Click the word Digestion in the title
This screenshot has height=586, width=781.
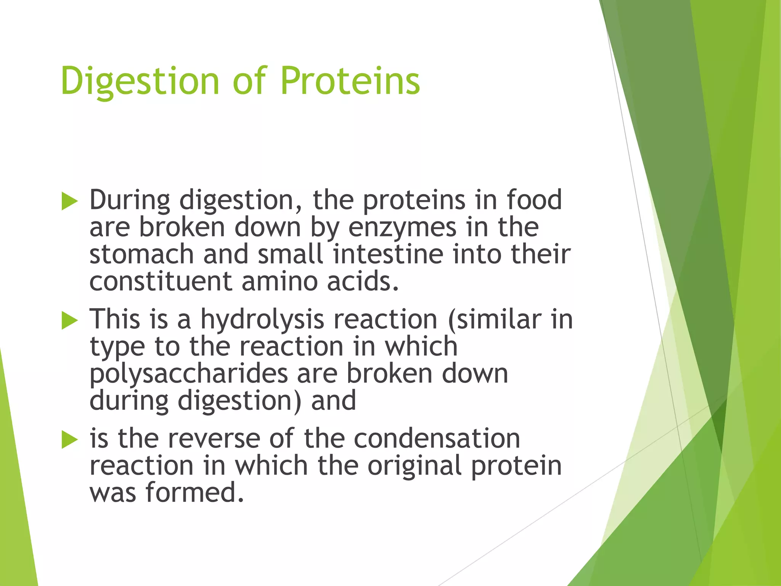pos(140,81)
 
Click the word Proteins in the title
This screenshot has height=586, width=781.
pos(350,81)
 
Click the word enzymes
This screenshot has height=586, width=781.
pos(402,228)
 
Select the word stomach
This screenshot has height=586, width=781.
pos(141,254)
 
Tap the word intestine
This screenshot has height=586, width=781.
pos(388,254)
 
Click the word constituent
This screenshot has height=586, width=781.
pos(161,282)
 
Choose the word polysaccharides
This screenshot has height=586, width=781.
pos(188,374)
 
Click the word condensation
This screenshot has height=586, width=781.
pos(437,439)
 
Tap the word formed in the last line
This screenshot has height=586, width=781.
pos(194,493)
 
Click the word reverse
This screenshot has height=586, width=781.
pos(214,439)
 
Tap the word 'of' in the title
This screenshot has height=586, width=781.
pos(249,81)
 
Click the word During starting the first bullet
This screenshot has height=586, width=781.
pos(130,200)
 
